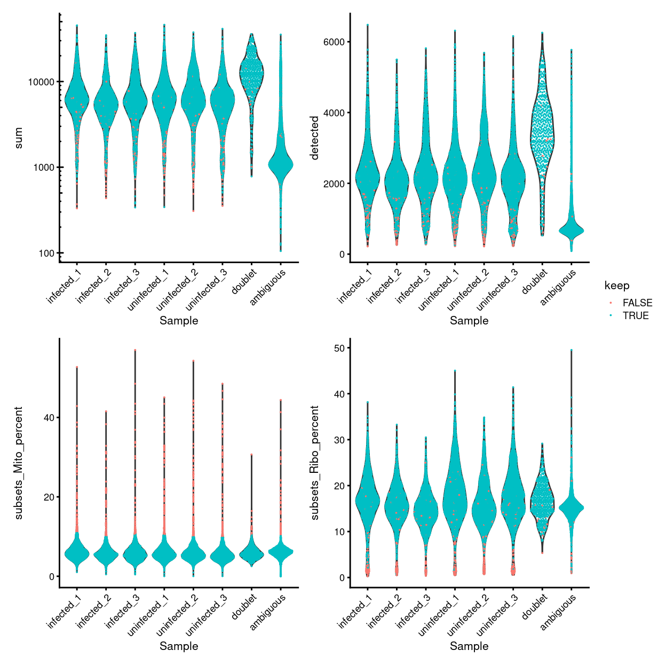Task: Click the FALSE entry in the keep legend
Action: click(x=637, y=303)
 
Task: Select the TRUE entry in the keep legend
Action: click(x=635, y=315)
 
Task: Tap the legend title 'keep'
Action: click(x=616, y=286)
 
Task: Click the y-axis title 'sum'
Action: click(x=19, y=138)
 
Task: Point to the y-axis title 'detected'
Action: click(x=314, y=138)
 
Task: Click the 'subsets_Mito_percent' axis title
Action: click(x=19, y=463)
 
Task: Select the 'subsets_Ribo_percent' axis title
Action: click(x=314, y=463)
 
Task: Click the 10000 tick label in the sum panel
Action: click(x=41, y=82)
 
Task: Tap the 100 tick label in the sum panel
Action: click(x=46, y=253)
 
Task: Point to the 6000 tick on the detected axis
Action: click(x=334, y=42)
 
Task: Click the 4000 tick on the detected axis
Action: click(x=334, y=113)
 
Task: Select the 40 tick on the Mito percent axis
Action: click(x=49, y=417)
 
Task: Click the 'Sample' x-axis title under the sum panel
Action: click(x=179, y=320)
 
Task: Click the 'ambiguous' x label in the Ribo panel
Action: click(x=559, y=612)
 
